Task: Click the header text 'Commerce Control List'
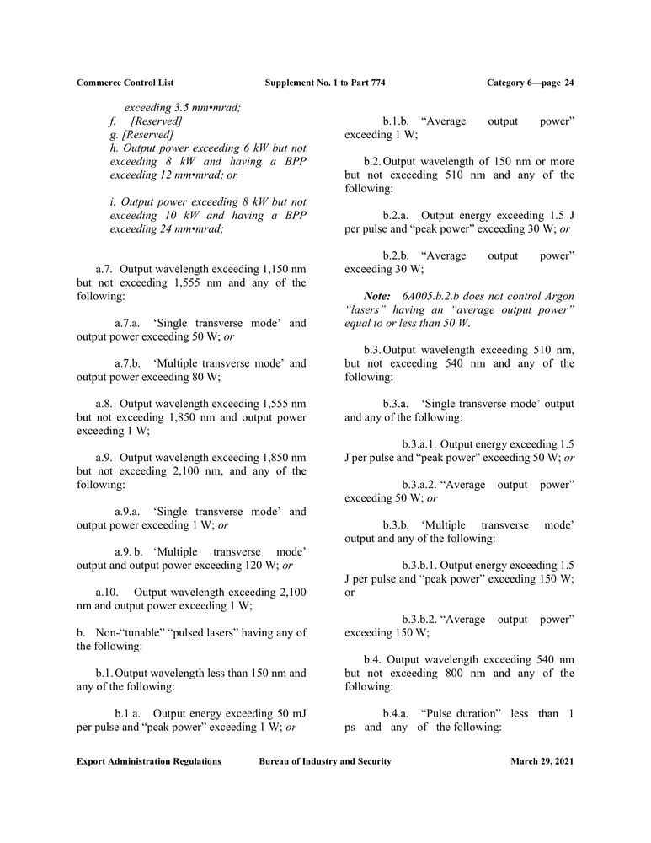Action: click(x=121, y=83)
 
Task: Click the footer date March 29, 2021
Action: click(x=542, y=761)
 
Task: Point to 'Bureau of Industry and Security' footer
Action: click(x=325, y=761)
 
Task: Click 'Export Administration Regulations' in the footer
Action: click(x=149, y=761)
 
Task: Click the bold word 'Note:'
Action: click(x=376, y=297)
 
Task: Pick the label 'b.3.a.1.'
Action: click(x=419, y=443)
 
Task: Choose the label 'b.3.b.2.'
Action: click(x=419, y=619)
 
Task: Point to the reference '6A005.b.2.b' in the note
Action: click(x=431, y=297)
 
